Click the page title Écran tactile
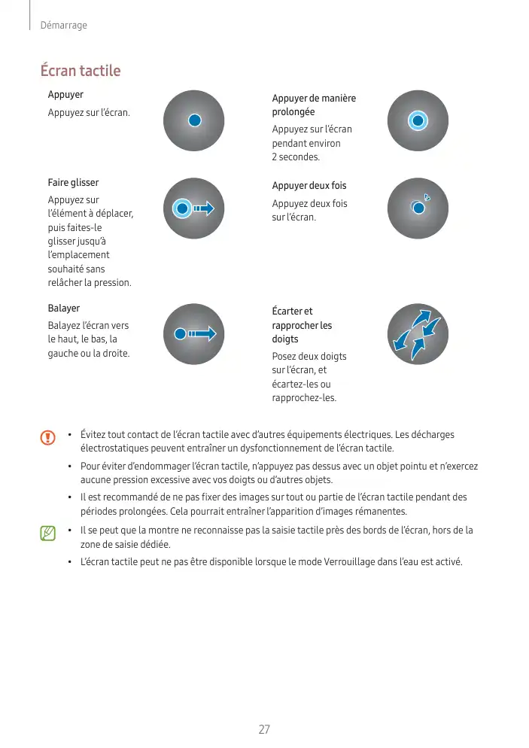(x=81, y=71)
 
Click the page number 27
(x=264, y=730)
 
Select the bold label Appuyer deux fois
(x=309, y=185)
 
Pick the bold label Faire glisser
(x=73, y=183)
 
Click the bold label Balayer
(x=64, y=309)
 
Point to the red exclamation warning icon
(x=48, y=437)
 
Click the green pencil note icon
(x=48, y=534)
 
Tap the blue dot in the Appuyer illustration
(x=194, y=120)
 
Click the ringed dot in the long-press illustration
(x=418, y=120)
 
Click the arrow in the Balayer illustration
(x=203, y=334)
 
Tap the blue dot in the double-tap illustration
(x=418, y=208)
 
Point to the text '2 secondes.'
(x=296, y=157)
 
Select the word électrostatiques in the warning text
(x=117, y=448)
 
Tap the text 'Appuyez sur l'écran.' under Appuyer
(x=89, y=113)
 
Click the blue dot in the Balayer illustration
(x=179, y=334)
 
